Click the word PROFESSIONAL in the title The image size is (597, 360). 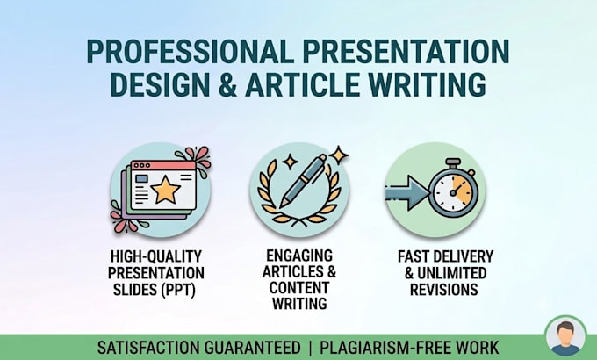(x=191, y=52)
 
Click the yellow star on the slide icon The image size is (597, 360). (x=165, y=190)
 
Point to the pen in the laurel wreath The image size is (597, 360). (x=304, y=180)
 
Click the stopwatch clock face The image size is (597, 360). (x=453, y=192)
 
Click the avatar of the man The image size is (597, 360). (x=565, y=337)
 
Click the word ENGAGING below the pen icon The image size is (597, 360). (x=299, y=256)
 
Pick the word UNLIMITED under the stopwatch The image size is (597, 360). (x=451, y=273)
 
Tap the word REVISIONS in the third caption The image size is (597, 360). (x=443, y=290)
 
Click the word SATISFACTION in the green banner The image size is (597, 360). (x=149, y=348)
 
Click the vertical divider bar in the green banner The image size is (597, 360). (x=310, y=348)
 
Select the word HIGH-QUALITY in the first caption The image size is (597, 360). (x=156, y=256)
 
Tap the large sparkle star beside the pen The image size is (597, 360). (x=339, y=155)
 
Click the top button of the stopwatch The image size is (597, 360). (x=454, y=163)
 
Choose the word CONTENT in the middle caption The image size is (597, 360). (x=299, y=288)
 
